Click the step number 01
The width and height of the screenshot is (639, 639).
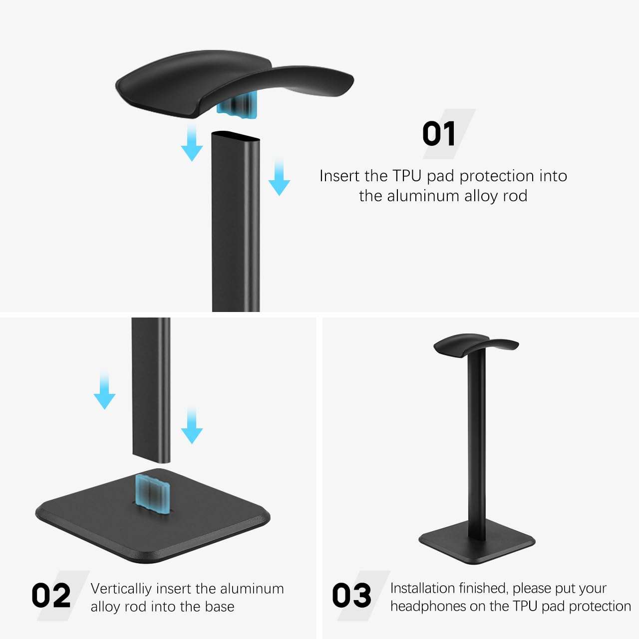point(439,134)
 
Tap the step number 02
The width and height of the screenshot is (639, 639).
point(51,596)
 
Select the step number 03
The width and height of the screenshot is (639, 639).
point(351,596)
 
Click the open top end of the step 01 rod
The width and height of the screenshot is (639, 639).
point(235,136)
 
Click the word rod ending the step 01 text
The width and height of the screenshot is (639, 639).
point(515,196)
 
